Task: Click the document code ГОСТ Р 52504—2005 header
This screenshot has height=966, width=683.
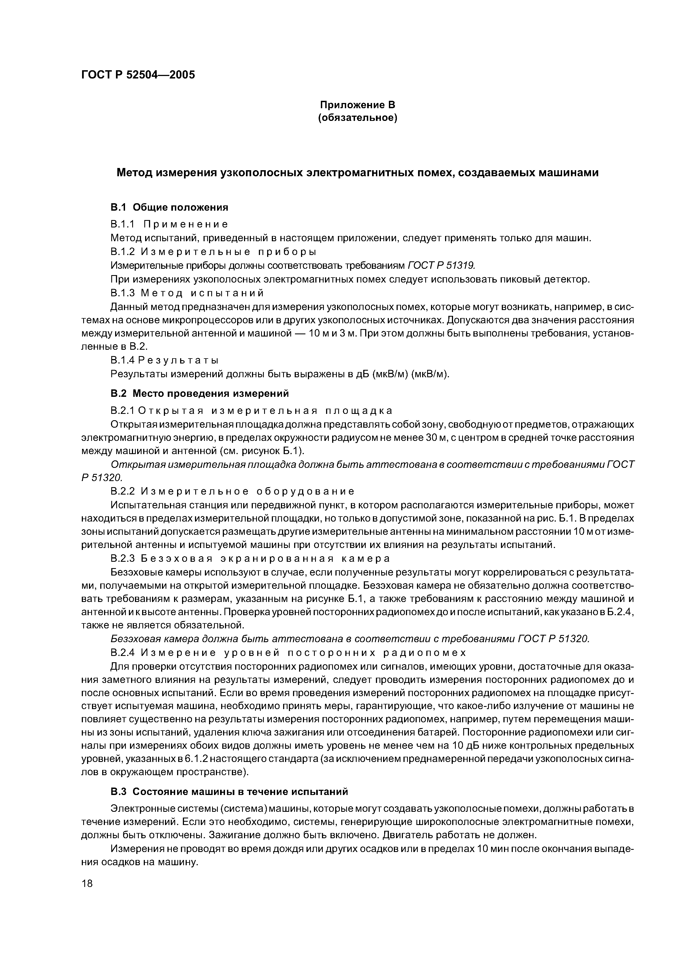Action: click(138, 75)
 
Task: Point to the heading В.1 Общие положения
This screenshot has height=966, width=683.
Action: click(169, 207)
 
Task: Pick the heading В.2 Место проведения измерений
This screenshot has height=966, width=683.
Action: click(199, 394)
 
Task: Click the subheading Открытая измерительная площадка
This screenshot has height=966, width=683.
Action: click(265, 410)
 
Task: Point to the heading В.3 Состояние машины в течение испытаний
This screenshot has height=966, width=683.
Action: click(229, 791)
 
